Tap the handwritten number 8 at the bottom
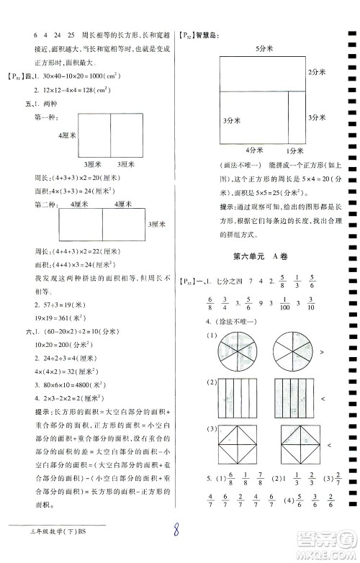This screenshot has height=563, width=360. (180, 531)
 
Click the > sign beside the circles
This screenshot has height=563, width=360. (320, 352)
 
